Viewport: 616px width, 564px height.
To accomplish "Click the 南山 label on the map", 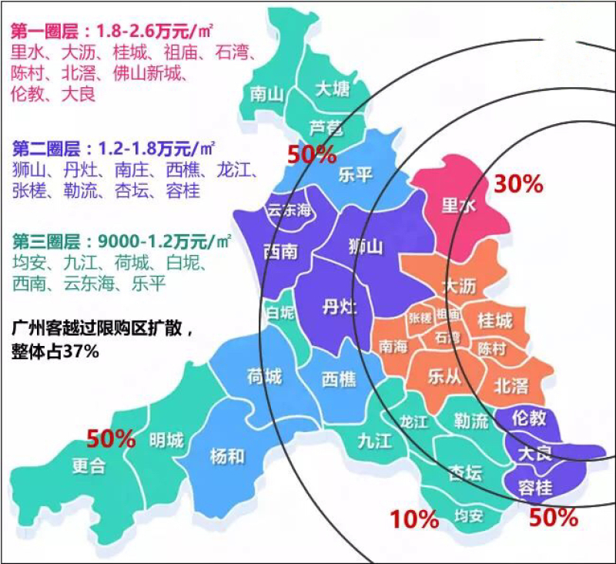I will point(268,94).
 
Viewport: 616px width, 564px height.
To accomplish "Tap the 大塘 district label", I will point(333,89).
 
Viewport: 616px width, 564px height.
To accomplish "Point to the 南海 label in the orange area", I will point(394,347).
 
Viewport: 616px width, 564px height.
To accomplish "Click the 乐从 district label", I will point(444,377).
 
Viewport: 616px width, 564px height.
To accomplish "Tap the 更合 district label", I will point(89,466).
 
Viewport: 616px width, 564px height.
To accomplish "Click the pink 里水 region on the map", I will point(458,206).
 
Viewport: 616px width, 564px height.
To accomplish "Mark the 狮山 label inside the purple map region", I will point(365,247).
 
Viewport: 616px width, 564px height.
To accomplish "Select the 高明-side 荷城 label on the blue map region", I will point(264,376).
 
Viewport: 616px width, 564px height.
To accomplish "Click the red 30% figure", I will point(518,184).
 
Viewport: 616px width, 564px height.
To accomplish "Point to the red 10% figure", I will point(414,520).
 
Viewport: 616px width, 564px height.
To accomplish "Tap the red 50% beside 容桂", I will point(553,518).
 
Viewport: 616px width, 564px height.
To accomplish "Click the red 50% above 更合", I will point(111,439).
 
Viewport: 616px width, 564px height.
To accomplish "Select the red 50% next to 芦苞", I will point(312,154).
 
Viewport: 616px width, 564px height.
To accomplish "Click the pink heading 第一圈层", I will point(46,32).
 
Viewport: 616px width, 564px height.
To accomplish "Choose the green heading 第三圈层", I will point(46,240).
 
